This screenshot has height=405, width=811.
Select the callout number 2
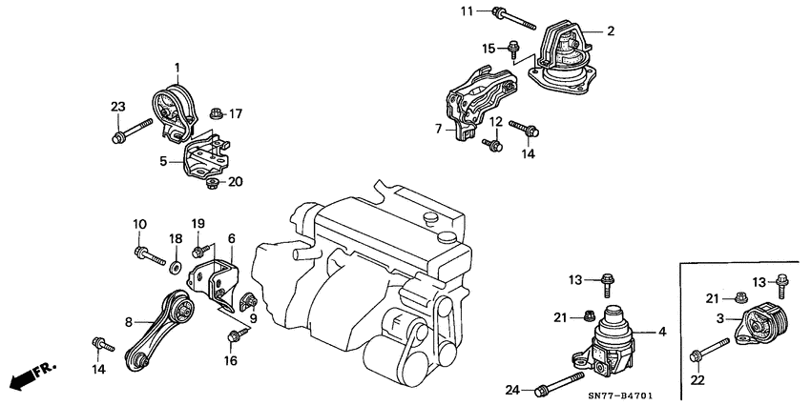tap(610, 31)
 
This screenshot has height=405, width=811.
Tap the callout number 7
tap(440, 128)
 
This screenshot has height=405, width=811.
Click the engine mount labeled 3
tap(762, 324)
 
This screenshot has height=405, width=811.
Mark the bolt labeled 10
tap(148, 253)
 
